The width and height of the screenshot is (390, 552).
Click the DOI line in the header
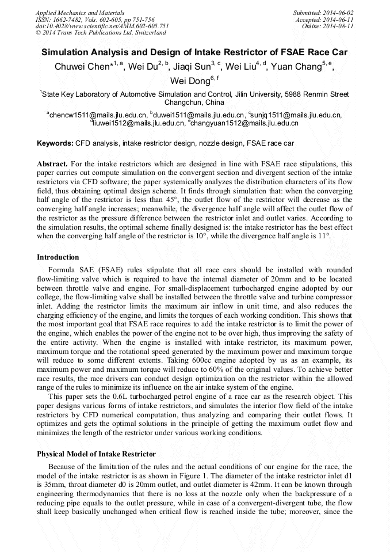click(102, 26)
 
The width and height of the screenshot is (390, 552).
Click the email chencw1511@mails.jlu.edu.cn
click(98, 115)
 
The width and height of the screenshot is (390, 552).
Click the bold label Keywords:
click(55, 143)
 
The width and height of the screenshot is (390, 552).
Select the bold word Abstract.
click(52, 163)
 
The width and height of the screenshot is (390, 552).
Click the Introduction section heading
click(58, 257)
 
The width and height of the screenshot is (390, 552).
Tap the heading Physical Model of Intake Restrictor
click(96, 454)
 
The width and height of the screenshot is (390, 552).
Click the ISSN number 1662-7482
click(72, 19)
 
